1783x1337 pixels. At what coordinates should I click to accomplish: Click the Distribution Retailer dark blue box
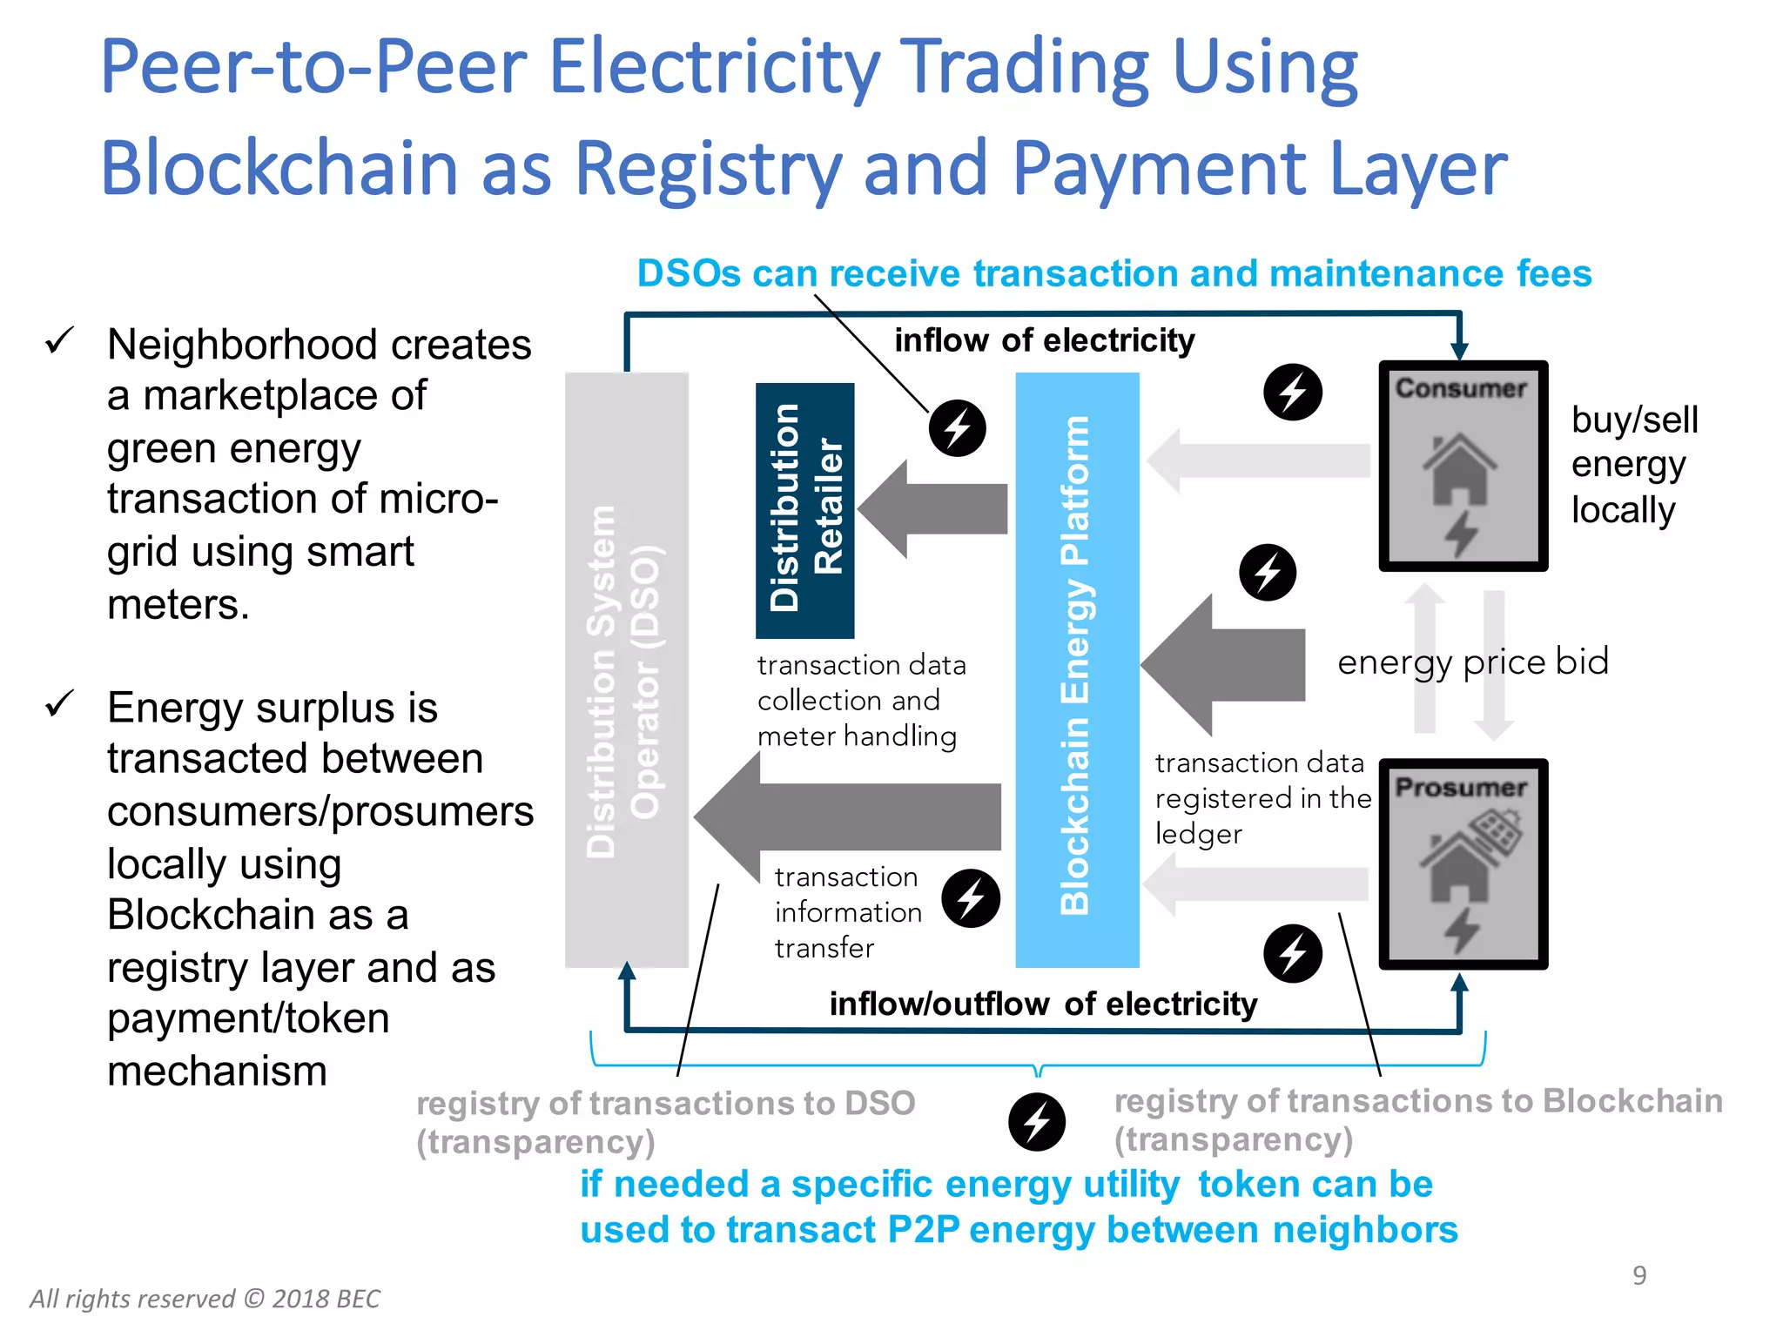804,509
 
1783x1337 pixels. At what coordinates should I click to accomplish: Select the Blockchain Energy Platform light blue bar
1077,668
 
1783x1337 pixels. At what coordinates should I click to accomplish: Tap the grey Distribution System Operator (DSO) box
626,668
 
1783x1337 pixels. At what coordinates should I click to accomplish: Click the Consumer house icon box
1463,466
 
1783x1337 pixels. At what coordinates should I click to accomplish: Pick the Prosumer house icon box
1463,863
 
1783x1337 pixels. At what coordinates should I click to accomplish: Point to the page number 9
1639,1275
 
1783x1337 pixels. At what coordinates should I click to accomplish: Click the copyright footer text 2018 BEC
205,1299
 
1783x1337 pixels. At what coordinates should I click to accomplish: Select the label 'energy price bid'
1472,662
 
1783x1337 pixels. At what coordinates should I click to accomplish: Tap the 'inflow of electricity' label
1044,340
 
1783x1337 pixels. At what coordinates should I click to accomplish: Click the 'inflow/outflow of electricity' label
1043,1004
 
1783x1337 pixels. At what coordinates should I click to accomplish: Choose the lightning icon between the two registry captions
1036,1122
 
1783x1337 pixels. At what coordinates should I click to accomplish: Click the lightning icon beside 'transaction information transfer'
971,897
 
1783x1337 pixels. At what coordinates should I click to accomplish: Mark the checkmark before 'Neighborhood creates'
60,340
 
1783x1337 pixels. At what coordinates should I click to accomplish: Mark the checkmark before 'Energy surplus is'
60,703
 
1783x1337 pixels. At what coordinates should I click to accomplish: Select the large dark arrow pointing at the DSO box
849,816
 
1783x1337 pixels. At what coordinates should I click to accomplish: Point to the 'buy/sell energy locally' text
1633,465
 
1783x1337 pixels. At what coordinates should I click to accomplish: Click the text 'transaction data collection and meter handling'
860,701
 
